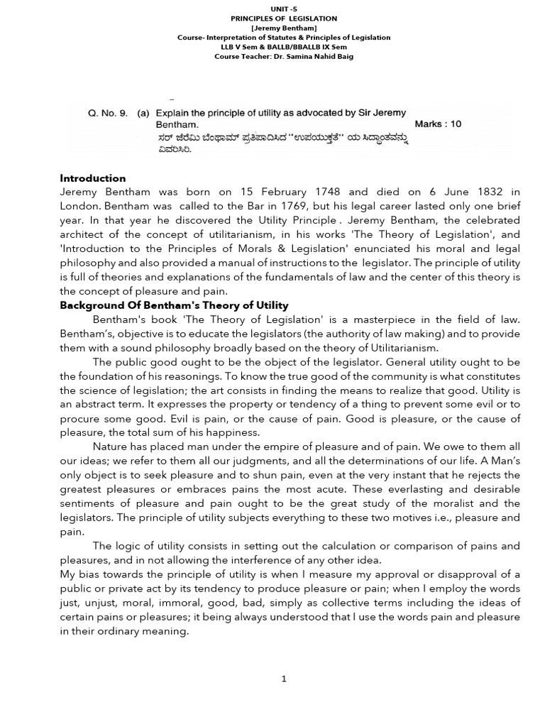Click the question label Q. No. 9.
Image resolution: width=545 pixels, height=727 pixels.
[108, 113]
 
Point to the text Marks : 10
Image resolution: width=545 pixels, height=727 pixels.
[438, 124]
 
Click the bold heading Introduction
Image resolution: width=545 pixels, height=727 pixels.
[93, 178]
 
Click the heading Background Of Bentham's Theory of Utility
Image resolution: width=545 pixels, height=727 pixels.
[174, 305]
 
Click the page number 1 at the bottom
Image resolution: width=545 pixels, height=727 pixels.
[284, 679]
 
